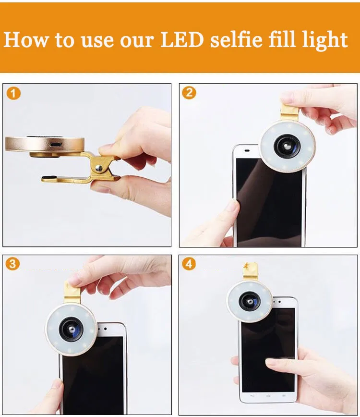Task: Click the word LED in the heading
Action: pyautogui.click(x=182, y=39)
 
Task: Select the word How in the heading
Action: pyautogui.click(x=26, y=39)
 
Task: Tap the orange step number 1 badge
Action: pyautogui.click(x=13, y=93)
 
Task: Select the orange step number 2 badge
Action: pyautogui.click(x=189, y=93)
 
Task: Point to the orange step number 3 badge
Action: pyautogui.click(x=12, y=264)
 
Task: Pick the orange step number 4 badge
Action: pyautogui.click(x=189, y=264)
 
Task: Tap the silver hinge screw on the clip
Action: pyautogui.click(x=99, y=168)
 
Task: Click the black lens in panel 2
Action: pyautogui.click(x=287, y=146)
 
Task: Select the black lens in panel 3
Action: pyautogui.click(x=71, y=329)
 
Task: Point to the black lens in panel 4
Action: pyautogui.click(x=250, y=302)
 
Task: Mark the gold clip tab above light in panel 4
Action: pyautogui.click(x=250, y=272)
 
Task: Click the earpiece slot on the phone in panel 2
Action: pyautogui.click(x=247, y=151)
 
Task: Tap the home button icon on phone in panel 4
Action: pyautogui.click(x=268, y=396)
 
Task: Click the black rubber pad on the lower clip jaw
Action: pyautogui.click(x=48, y=177)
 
